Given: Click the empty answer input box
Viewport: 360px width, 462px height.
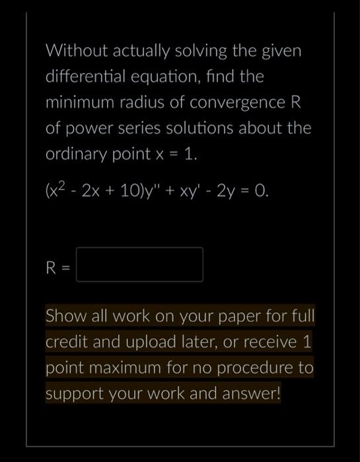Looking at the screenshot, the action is pos(139,265).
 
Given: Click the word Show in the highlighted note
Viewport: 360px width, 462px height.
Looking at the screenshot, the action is pos(64,315).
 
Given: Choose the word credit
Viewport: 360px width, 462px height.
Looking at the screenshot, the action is pos(64,342).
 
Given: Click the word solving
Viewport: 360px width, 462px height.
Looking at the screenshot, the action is pos(205,51).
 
